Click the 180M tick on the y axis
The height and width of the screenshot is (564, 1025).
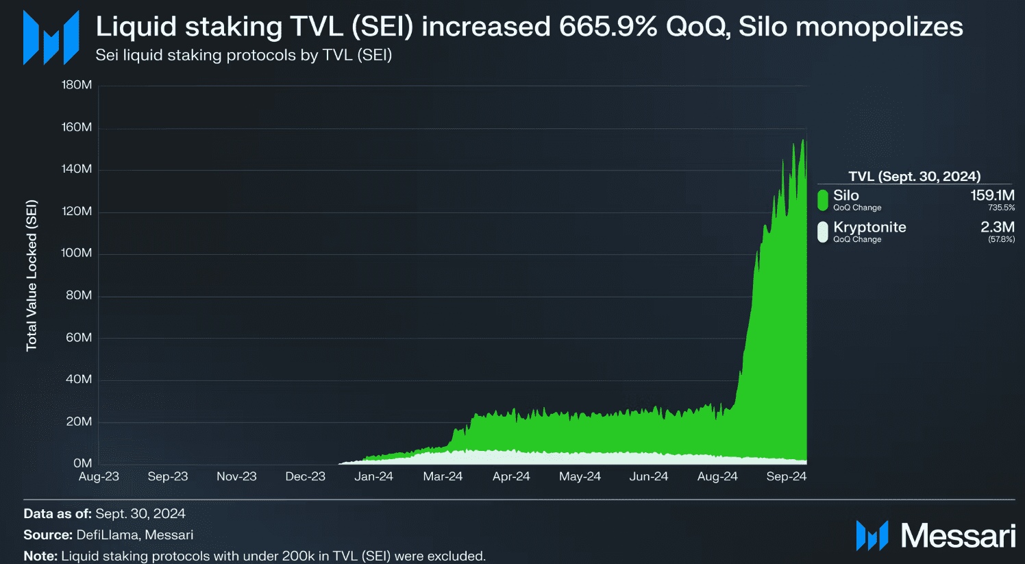point(77,85)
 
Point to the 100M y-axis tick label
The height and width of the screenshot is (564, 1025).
point(77,253)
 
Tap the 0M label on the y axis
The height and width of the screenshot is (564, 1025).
point(82,463)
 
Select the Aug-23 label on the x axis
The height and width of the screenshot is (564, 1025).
point(99,476)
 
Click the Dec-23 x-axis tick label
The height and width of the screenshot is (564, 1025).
point(305,476)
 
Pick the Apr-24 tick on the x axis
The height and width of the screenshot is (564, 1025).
point(511,476)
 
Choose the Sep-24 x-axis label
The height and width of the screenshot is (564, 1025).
point(786,476)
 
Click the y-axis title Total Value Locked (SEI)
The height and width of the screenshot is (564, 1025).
point(32,275)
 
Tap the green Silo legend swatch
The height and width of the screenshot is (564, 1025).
point(823,200)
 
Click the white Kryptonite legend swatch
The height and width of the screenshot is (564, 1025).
point(823,232)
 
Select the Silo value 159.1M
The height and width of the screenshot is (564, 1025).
point(992,195)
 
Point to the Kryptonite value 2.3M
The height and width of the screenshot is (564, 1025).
point(998,227)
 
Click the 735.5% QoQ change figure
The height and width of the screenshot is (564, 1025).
point(1001,208)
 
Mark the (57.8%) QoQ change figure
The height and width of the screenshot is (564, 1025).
point(1001,239)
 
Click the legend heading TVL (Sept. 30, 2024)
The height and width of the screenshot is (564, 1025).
point(914,176)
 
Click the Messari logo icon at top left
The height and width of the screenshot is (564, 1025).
point(51,38)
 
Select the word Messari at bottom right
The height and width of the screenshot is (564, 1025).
point(958,536)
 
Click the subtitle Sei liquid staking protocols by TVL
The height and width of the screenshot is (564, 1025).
point(243,55)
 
